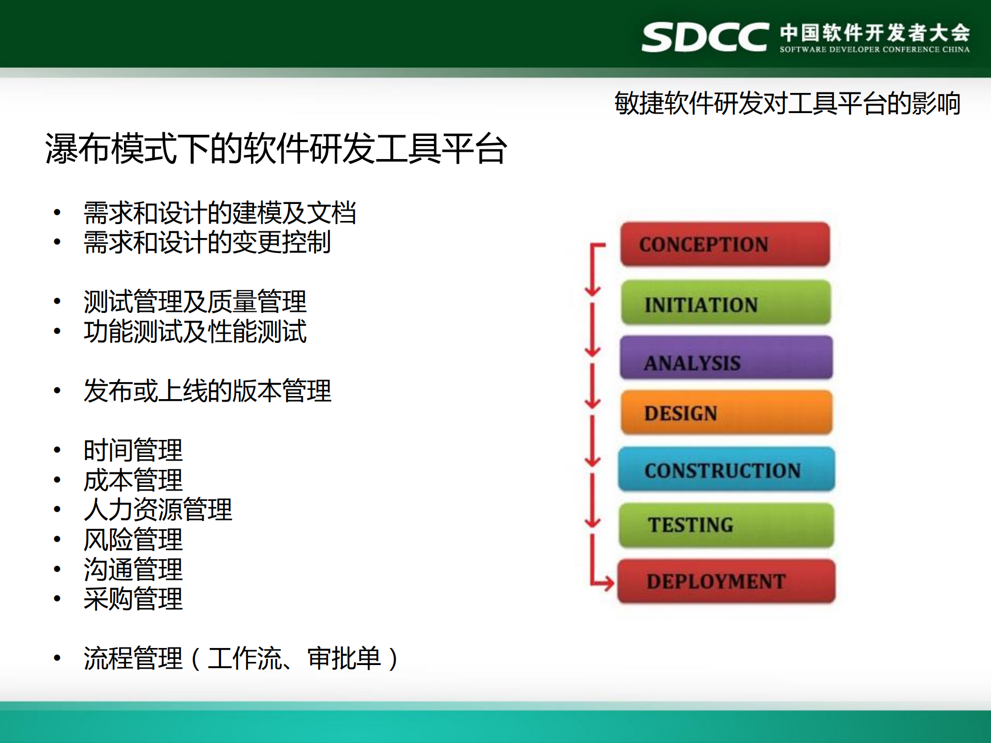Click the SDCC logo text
click(705, 37)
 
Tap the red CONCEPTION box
click(725, 244)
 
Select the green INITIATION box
click(726, 303)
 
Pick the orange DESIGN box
click(726, 413)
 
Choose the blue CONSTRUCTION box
click(726, 469)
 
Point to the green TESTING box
click(726, 525)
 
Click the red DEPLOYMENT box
click(726, 581)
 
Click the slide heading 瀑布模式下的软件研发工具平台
click(276, 149)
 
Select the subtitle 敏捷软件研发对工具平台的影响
click(787, 103)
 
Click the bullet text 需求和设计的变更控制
click(207, 242)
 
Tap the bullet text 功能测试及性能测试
click(195, 331)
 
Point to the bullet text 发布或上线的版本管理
click(207, 391)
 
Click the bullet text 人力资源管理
click(158, 510)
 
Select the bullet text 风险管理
click(133, 540)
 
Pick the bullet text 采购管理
click(133, 599)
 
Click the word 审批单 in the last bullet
click(344, 658)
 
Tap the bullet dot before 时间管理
click(57, 450)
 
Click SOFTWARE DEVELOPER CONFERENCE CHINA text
click(874, 50)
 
